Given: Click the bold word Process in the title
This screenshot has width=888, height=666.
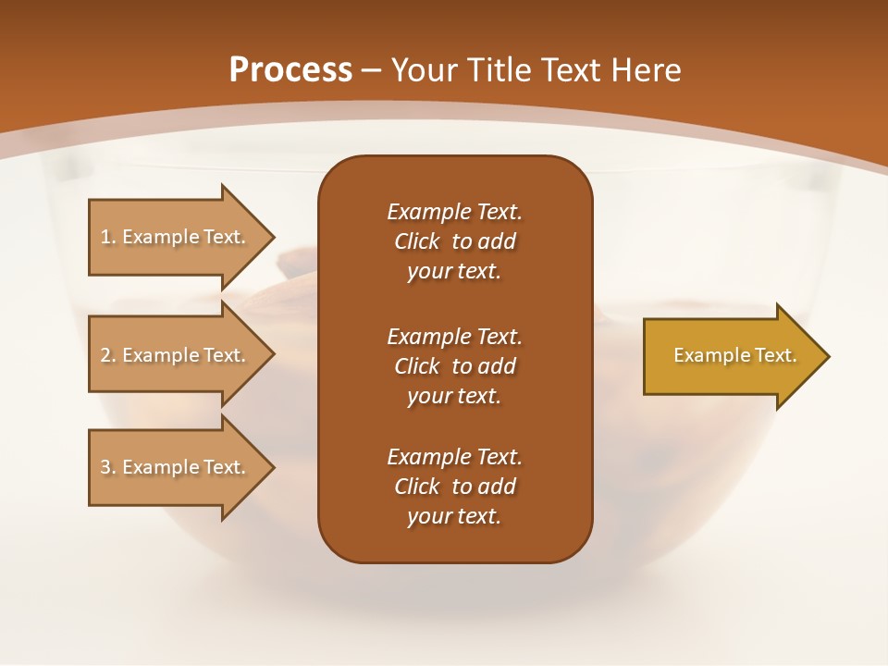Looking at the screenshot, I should click(290, 70).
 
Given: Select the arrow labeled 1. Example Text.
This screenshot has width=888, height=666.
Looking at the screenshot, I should click(176, 237).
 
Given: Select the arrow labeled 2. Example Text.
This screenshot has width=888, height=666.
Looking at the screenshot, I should click(176, 355).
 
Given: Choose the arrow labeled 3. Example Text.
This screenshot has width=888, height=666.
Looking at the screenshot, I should click(176, 467).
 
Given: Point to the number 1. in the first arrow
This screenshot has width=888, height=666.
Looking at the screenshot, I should click(108, 237).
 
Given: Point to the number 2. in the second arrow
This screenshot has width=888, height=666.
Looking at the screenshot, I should click(108, 355).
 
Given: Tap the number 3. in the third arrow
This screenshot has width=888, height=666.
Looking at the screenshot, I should click(108, 467).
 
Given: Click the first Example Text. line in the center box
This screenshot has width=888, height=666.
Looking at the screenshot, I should click(454, 212).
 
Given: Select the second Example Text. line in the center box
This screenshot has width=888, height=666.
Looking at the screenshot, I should click(454, 336).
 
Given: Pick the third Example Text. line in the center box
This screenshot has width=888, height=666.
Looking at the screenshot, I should click(454, 457).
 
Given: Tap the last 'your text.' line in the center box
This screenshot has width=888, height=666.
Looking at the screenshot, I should click(454, 516).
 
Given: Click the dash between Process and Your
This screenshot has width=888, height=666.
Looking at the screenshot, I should click(372, 70).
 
